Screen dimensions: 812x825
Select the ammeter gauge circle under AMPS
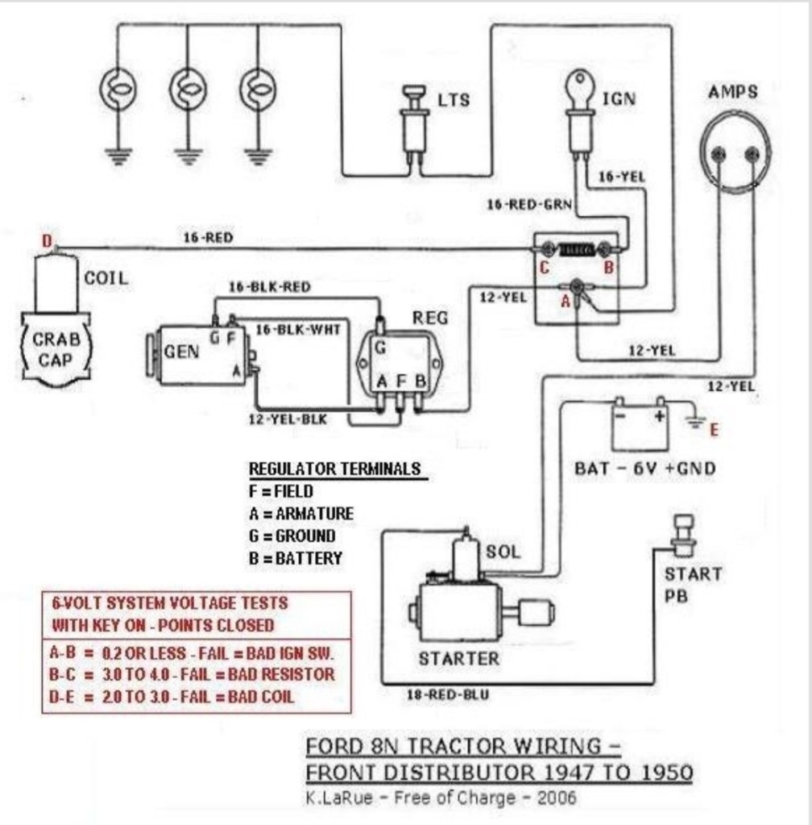point(735,152)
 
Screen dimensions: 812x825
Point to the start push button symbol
point(683,535)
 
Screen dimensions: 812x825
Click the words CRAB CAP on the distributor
point(56,349)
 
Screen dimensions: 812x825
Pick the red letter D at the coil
point(48,241)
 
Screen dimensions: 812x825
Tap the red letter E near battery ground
point(714,430)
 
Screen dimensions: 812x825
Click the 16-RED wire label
point(208,238)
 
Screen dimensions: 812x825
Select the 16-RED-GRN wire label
point(529,205)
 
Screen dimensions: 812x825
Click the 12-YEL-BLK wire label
point(288,419)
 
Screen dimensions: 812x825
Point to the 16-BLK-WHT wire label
point(298,330)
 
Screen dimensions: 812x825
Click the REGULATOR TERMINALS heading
point(335,469)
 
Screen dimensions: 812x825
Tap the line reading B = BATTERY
point(296,558)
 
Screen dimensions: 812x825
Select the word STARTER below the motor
point(459,659)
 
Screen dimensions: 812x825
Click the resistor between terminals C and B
point(577,249)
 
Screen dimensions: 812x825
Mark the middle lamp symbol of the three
point(188,90)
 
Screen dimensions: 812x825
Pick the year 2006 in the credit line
point(557,798)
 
